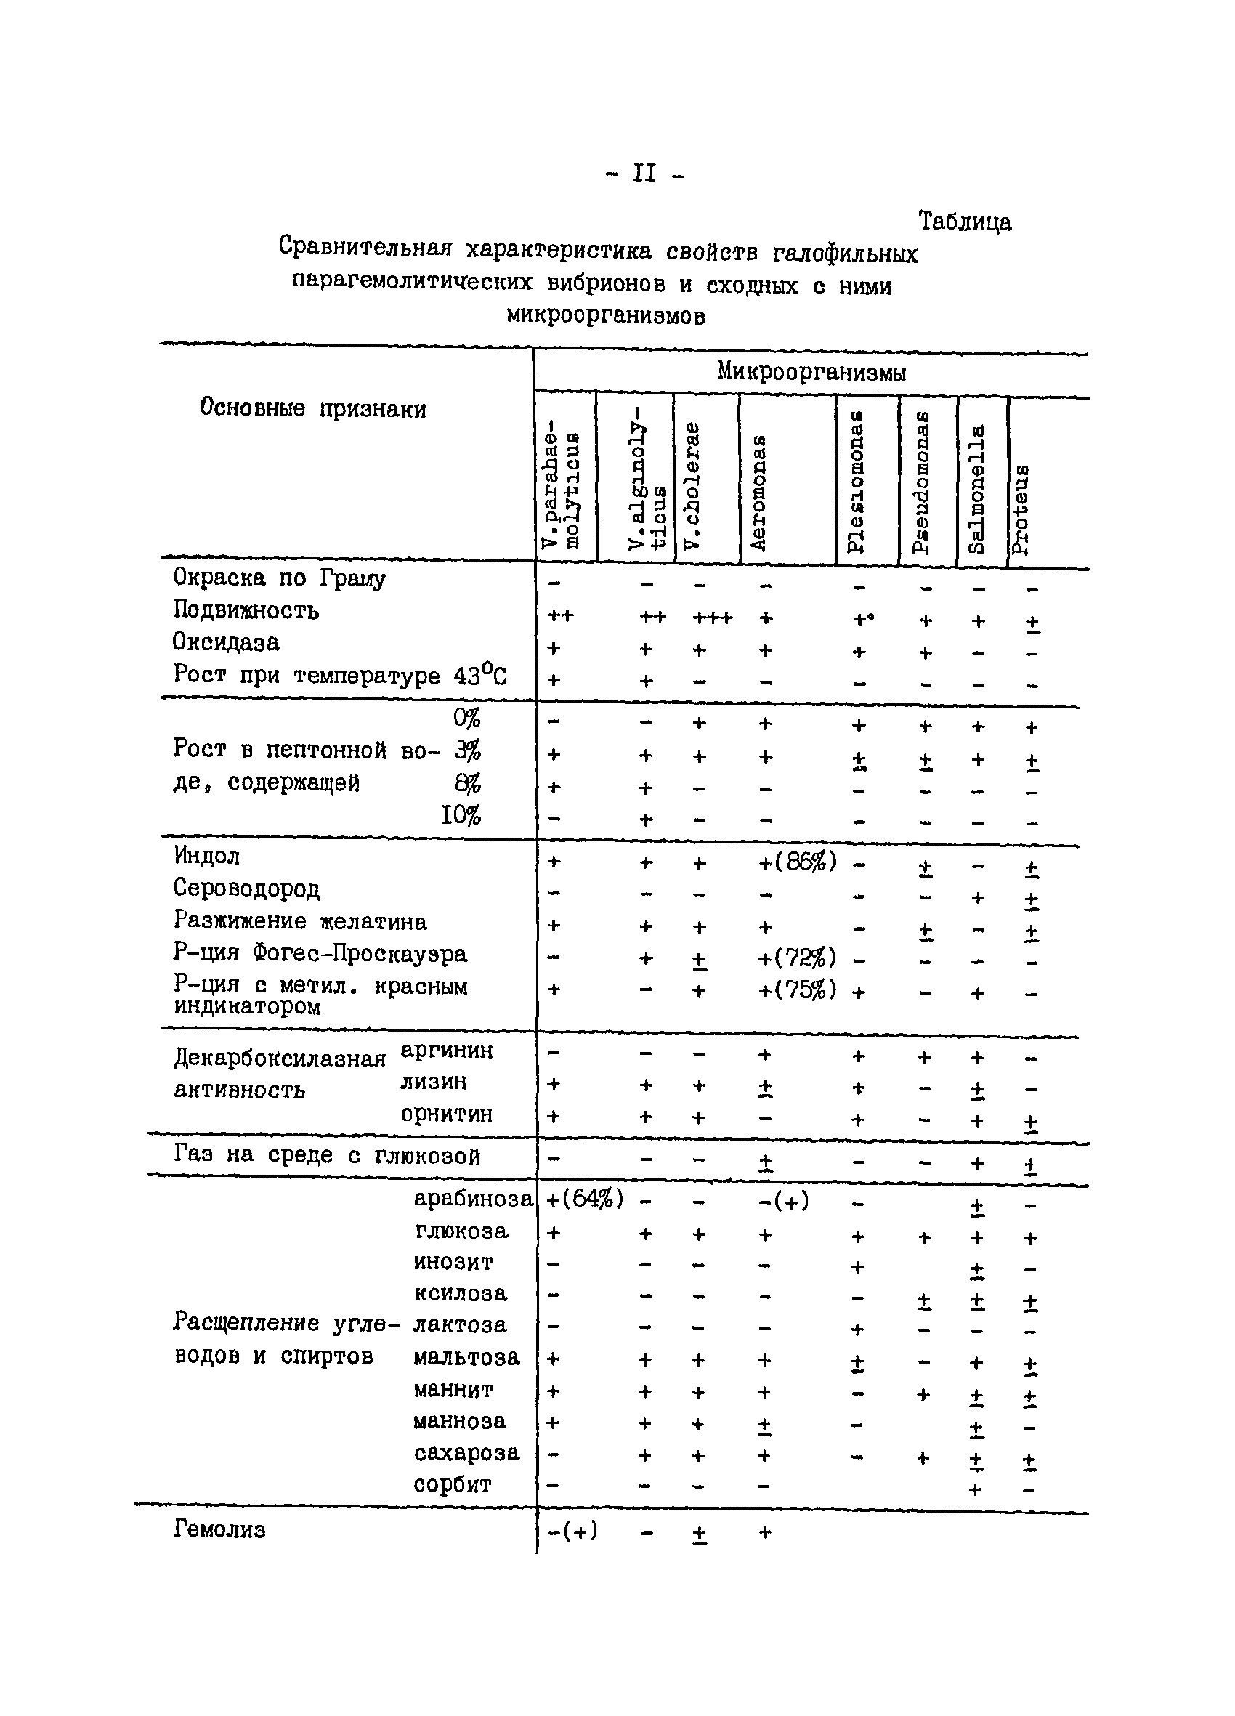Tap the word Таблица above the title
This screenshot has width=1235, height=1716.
pyautogui.click(x=964, y=221)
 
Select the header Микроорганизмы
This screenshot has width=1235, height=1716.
pyautogui.click(x=811, y=371)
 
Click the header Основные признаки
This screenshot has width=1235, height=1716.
pyautogui.click(x=312, y=408)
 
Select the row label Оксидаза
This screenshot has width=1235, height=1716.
pyautogui.click(x=225, y=642)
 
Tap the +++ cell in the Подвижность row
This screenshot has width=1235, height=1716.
pyautogui.click(x=712, y=618)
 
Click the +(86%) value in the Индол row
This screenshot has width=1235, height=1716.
pyautogui.click(x=797, y=861)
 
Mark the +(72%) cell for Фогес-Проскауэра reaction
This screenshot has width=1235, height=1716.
pyautogui.click(x=797, y=958)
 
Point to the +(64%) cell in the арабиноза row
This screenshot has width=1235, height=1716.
pyautogui.click(x=585, y=1199)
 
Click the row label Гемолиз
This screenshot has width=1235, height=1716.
pyautogui.click(x=219, y=1530)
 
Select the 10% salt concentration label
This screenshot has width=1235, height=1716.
pyautogui.click(x=461, y=816)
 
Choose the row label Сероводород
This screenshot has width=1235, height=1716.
pyautogui.click(x=246, y=889)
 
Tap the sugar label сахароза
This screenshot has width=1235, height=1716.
pyautogui.click(x=466, y=1453)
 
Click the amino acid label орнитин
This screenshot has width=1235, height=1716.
pyautogui.click(x=447, y=1114)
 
